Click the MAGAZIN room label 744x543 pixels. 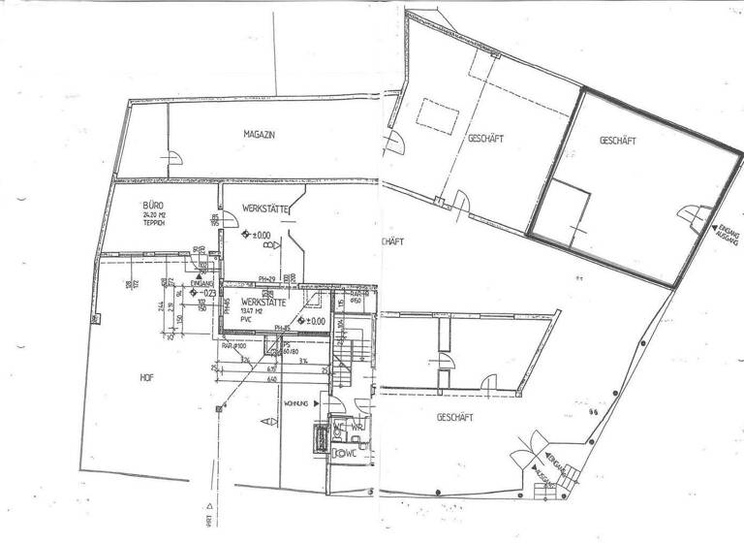click(x=260, y=135)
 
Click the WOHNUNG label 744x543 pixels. click(x=295, y=403)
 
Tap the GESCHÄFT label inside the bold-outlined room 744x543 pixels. click(x=617, y=141)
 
